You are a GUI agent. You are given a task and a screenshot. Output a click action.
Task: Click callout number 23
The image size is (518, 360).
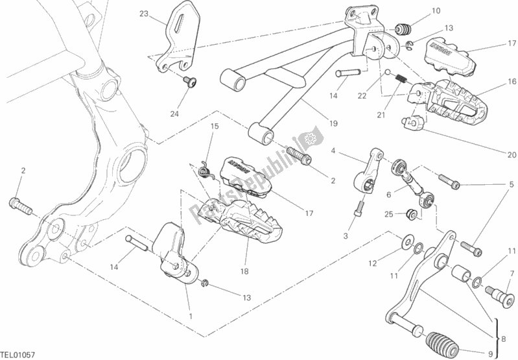(x=143, y=13)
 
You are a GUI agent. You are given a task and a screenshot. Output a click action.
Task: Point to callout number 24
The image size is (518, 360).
(x=174, y=114)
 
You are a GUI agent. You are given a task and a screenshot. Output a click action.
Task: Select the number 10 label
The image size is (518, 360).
(x=436, y=10)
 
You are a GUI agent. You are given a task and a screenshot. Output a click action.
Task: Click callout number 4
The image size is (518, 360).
(x=333, y=151)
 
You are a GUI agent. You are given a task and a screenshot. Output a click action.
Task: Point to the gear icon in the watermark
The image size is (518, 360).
(x=309, y=138)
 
